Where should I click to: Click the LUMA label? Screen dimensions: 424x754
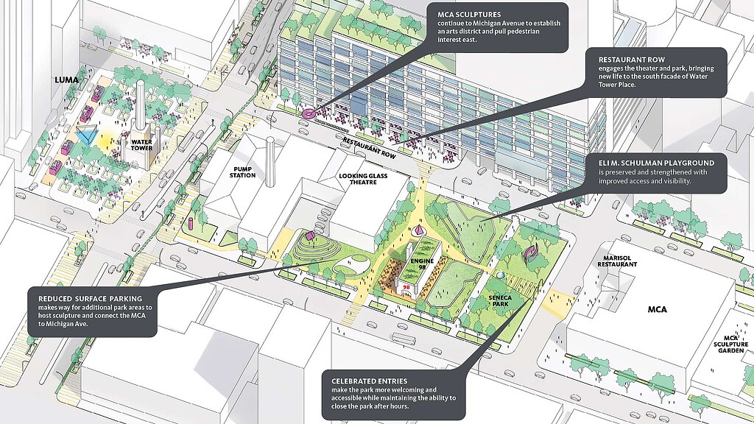[66, 79]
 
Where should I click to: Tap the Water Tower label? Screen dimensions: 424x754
[141, 144]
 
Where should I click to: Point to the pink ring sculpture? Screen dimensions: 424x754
[308, 113]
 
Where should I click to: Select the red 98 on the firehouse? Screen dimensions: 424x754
[406, 285]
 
